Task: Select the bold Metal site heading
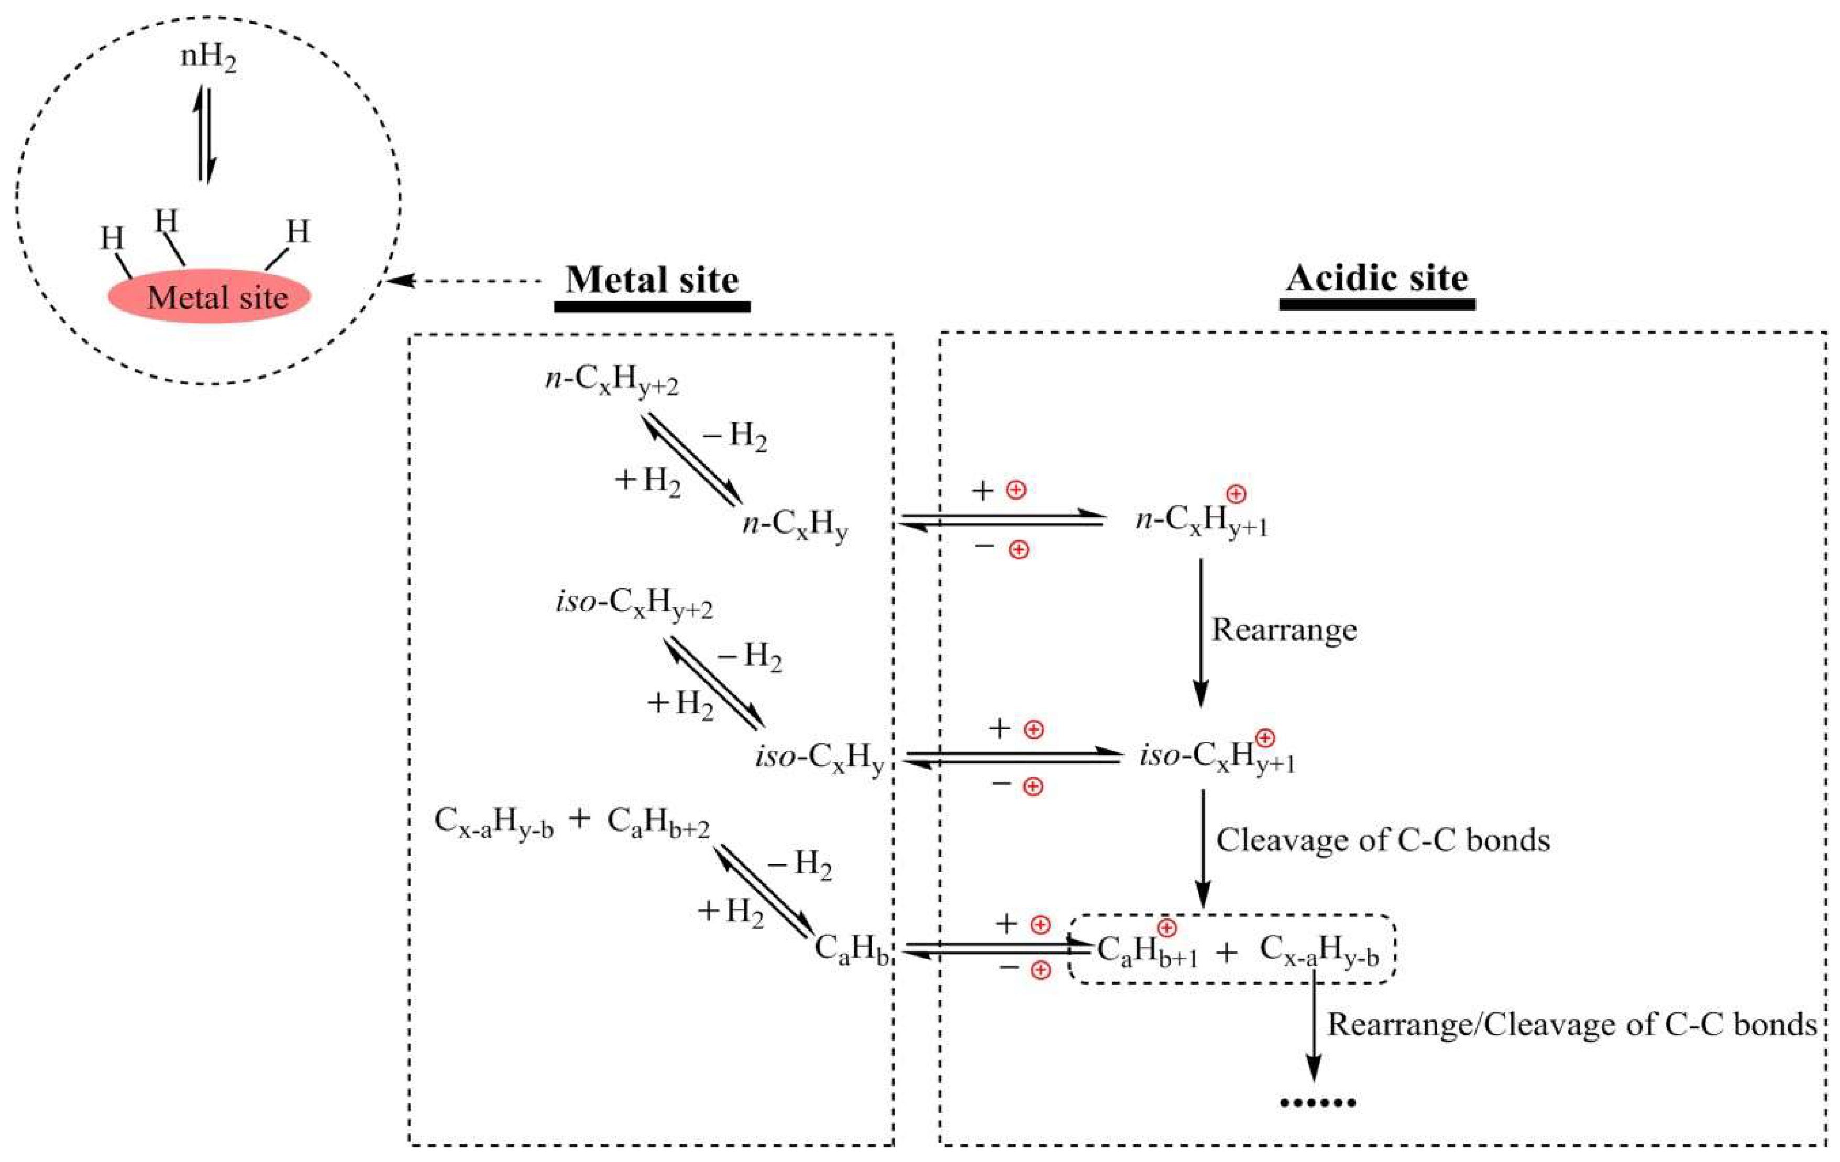click(x=652, y=280)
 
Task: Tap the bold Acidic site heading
click(x=1377, y=278)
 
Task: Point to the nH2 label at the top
click(x=208, y=58)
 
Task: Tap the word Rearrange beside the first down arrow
click(x=1284, y=630)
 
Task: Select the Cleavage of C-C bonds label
click(x=1383, y=840)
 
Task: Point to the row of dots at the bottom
click(x=1318, y=1102)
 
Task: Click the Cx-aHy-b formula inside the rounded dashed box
click(x=1319, y=951)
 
